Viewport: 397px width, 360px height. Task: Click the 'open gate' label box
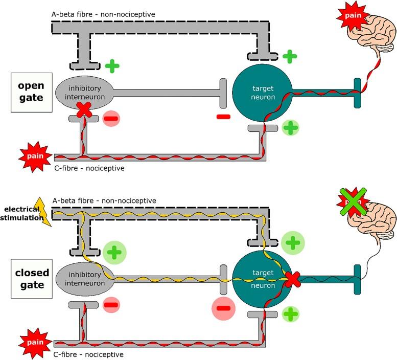coord(31,93)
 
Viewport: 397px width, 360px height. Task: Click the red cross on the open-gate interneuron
coord(83,108)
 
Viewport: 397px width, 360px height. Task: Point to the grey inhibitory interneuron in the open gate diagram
coord(83,93)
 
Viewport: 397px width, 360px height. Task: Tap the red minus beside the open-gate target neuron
coord(223,117)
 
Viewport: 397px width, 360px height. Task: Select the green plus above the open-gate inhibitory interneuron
coord(112,66)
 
